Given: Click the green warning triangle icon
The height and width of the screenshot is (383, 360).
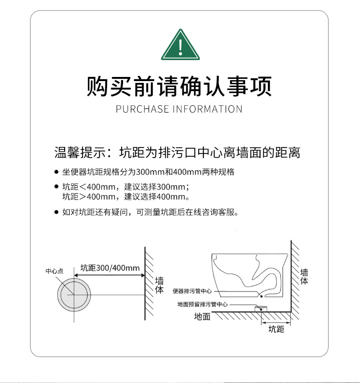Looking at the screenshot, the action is (x=180, y=45).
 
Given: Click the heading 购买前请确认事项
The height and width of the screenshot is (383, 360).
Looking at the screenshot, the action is (x=180, y=86).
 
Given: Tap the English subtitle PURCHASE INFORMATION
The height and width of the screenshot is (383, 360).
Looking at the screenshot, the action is (x=179, y=109).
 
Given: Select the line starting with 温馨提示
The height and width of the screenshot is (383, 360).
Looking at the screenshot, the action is (x=177, y=153).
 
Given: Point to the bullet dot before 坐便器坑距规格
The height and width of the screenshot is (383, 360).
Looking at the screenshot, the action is (x=57, y=172).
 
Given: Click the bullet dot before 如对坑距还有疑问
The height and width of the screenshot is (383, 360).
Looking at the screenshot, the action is (x=57, y=212).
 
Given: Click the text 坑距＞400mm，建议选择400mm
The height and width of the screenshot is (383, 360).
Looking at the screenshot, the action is (x=126, y=197).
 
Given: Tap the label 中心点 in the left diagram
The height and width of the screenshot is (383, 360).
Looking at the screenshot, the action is (x=55, y=271).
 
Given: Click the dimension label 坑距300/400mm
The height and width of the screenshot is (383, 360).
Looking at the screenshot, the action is (x=110, y=268).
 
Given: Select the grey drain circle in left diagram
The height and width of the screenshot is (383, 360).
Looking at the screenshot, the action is (x=74, y=295).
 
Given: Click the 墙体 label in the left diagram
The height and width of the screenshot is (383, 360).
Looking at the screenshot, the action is (x=159, y=285).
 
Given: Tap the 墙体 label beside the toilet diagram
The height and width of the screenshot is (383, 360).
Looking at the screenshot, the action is (x=304, y=276).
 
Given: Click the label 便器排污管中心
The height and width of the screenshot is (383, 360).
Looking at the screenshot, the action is (x=192, y=291).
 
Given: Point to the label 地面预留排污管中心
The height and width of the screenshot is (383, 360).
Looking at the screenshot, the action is (x=202, y=304).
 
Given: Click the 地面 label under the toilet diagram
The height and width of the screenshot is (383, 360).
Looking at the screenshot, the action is (x=202, y=317).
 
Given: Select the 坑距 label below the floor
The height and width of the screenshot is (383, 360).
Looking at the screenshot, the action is (x=276, y=329).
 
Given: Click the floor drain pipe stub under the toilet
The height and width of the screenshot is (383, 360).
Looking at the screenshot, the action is (x=261, y=309).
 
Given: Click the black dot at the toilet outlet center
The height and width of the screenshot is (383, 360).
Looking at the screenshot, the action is (x=261, y=296).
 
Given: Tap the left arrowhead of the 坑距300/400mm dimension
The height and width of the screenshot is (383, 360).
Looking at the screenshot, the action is (x=76, y=276).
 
